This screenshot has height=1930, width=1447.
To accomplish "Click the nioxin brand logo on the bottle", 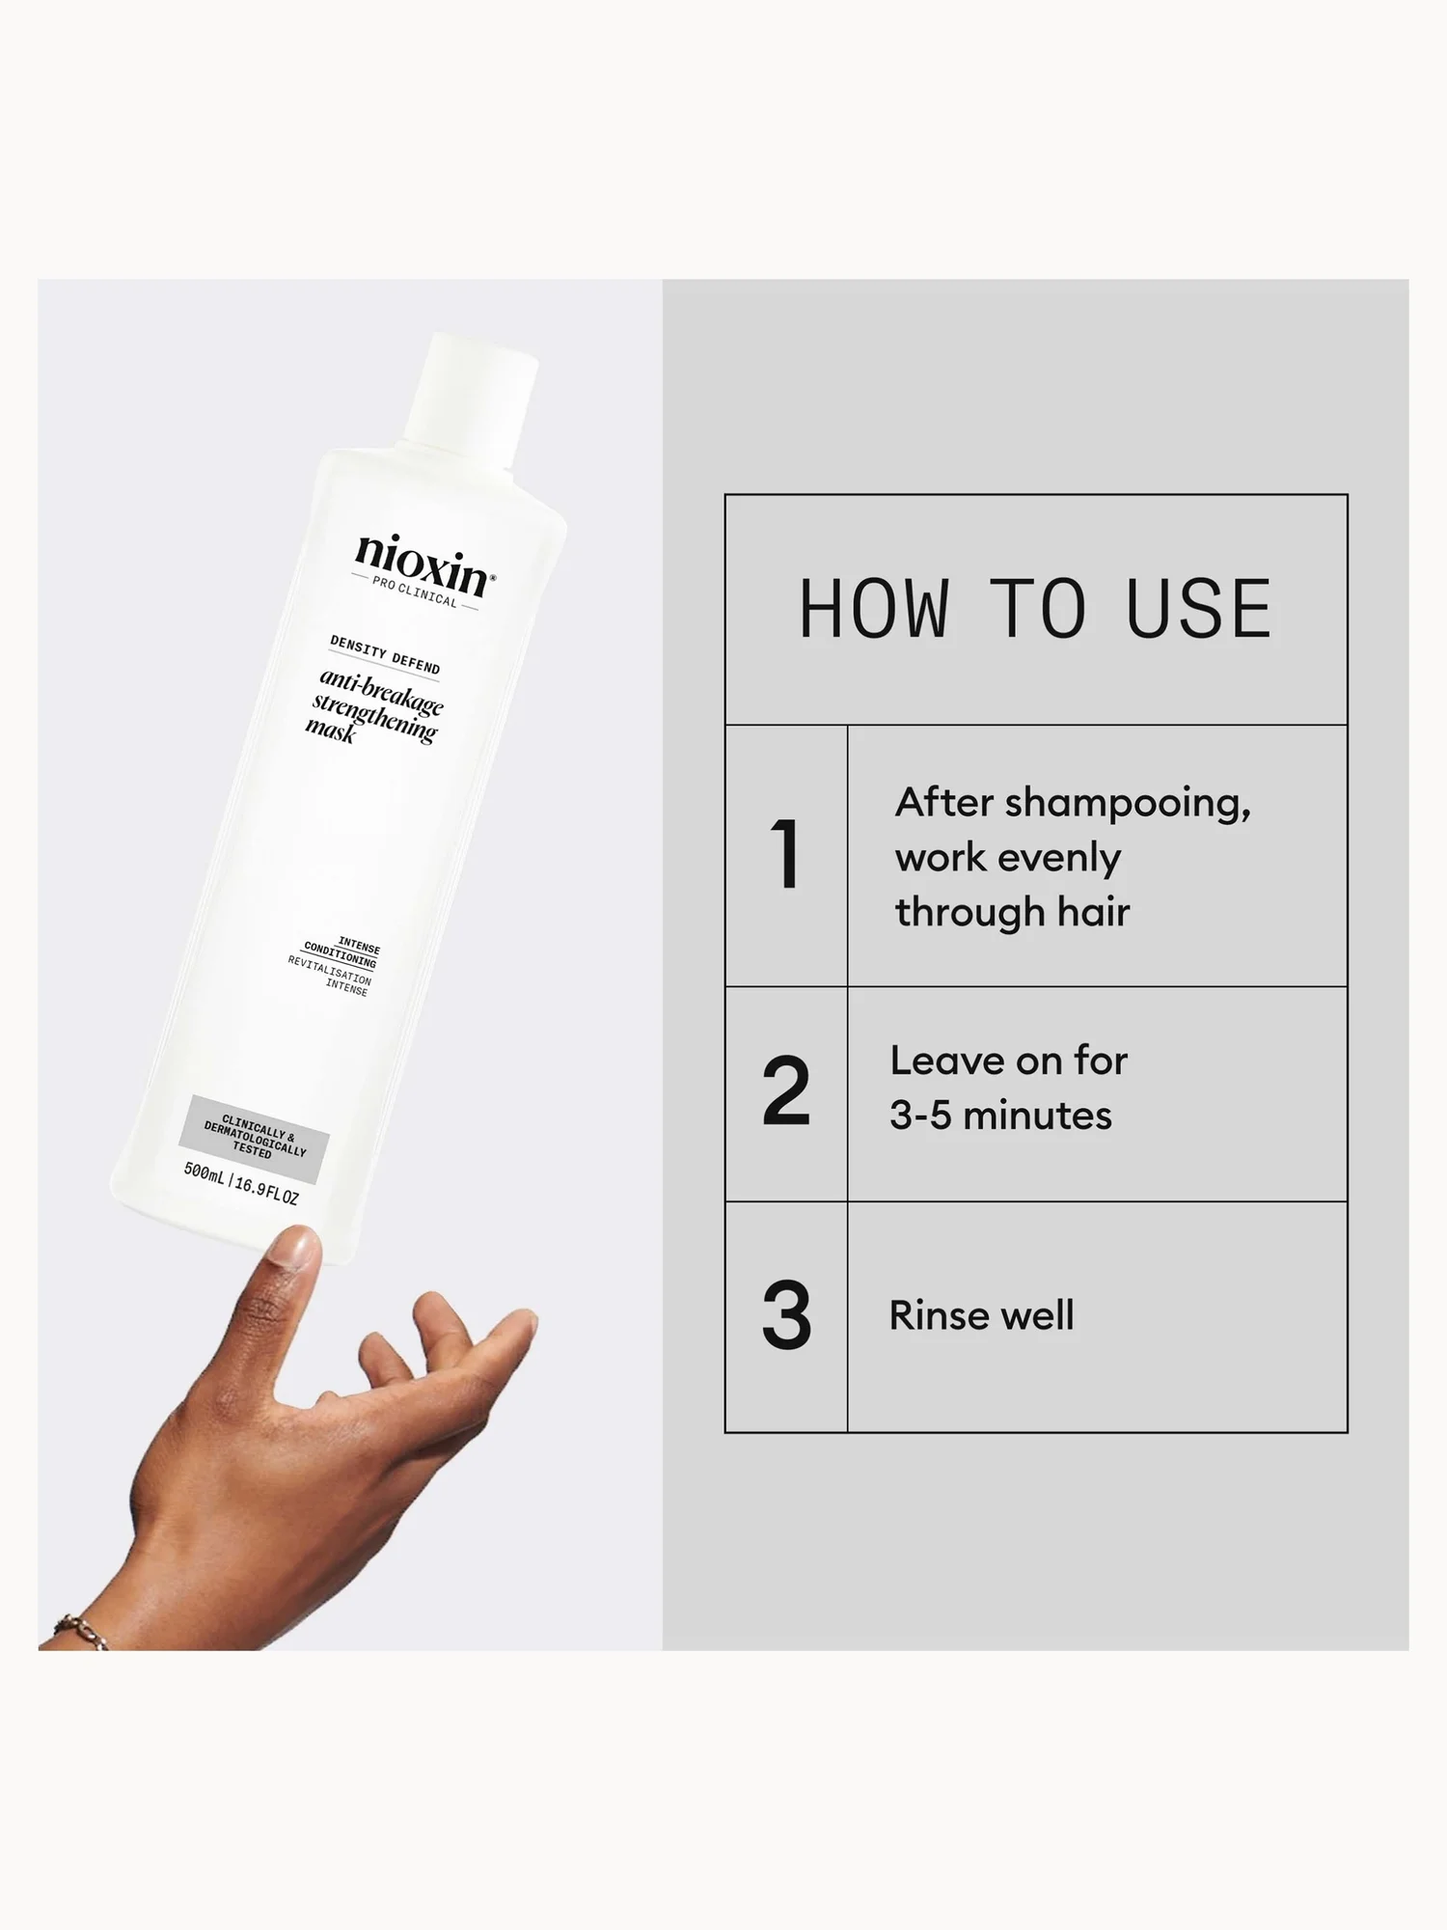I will (x=423, y=564).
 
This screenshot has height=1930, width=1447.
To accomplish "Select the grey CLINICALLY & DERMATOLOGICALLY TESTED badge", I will (x=255, y=1139).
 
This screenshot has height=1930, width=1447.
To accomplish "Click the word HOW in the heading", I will (x=874, y=610).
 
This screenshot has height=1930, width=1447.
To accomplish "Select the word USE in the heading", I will (x=1199, y=610).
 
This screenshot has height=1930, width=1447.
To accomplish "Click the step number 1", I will (x=785, y=854).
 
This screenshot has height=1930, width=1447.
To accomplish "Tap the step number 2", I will (x=785, y=1091).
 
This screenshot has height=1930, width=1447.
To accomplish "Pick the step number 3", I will (x=785, y=1315).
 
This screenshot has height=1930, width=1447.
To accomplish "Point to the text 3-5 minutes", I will (x=1000, y=1116).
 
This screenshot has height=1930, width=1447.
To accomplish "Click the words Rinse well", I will (x=981, y=1315).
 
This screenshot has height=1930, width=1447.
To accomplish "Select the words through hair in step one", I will (x=1012, y=912).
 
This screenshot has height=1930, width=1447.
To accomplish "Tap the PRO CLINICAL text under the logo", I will (x=415, y=592).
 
